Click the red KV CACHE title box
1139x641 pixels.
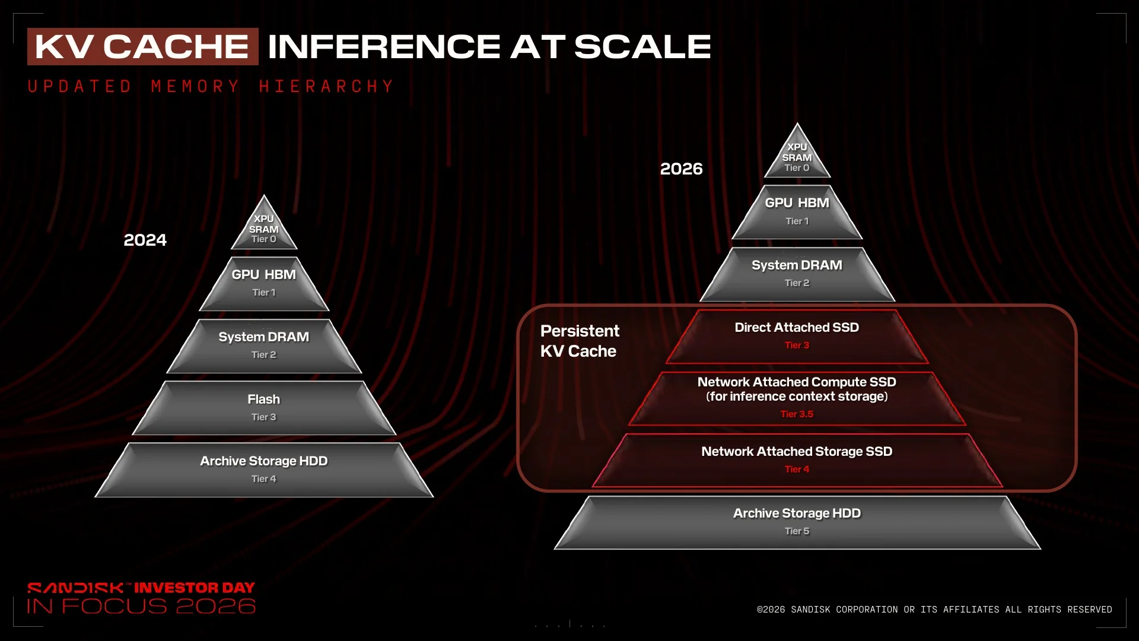click(x=142, y=46)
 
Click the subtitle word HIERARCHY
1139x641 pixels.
click(x=326, y=87)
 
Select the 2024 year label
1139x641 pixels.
click(x=145, y=240)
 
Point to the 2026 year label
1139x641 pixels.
click(x=681, y=169)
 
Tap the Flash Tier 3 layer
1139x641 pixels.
click(x=264, y=408)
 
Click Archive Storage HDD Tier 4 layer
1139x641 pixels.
click(x=264, y=469)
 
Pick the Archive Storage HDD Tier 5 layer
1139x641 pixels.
click(x=797, y=522)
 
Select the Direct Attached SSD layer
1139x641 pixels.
click(x=797, y=336)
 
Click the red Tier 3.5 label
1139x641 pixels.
click(x=797, y=414)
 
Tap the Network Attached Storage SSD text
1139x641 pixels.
click(x=797, y=452)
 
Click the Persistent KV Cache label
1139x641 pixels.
click(x=580, y=341)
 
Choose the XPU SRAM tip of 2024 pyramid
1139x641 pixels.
click(x=264, y=224)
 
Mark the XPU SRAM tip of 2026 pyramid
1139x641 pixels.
click(x=797, y=151)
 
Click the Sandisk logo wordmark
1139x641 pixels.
click(x=75, y=588)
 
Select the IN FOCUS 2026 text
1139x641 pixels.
click(x=141, y=606)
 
